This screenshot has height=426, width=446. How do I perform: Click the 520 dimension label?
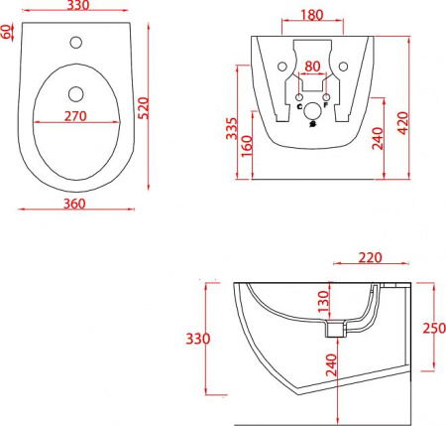(144, 108)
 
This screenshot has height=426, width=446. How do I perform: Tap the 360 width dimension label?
(74, 204)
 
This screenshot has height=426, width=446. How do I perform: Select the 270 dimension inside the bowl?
(75, 116)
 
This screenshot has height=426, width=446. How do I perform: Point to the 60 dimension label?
(6, 32)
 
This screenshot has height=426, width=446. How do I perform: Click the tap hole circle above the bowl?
(76, 42)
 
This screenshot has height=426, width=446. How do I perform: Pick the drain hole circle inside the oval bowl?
(76, 94)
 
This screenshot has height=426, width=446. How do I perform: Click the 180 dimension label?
(312, 15)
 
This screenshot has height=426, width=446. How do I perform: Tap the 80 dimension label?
(312, 67)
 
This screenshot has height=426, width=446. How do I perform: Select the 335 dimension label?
(232, 128)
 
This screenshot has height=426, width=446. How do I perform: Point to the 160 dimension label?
(247, 146)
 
